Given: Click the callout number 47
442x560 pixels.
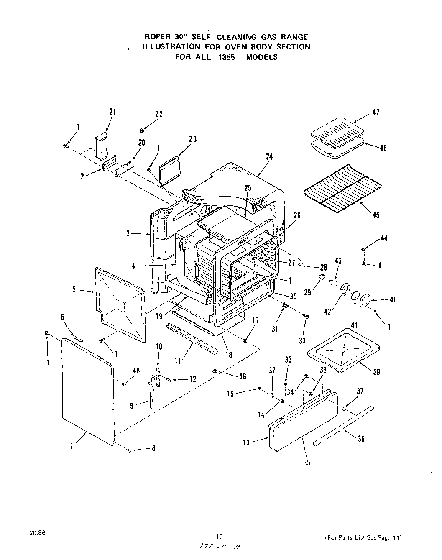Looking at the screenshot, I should pos(376,113).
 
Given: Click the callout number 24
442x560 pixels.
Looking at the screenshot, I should pos(269,157).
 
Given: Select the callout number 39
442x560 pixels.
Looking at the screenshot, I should pos(376,372).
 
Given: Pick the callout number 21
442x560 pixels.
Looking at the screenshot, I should pos(112,112).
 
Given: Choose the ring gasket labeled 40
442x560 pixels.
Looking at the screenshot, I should pos(365,299).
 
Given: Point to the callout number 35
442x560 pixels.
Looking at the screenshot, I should pos(307,463).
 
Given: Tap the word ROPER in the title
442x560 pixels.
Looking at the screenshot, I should pos(156,37).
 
